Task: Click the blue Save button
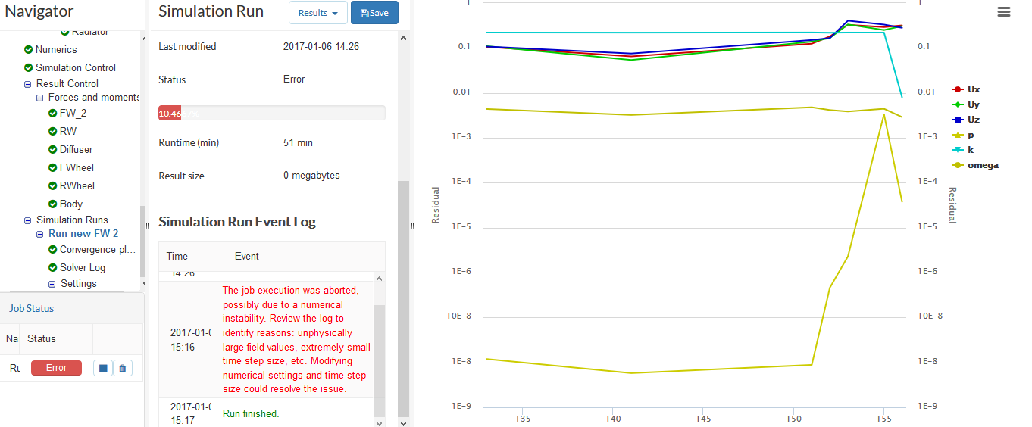point(374,13)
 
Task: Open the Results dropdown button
point(317,13)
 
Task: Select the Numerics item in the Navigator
point(56,49)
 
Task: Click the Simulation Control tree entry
point(75,67)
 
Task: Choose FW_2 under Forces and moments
point(73,113)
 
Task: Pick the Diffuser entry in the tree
point(76,149)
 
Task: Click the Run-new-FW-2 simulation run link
point(83,234)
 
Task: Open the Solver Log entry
point(83,267)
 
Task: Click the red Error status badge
point(56,368)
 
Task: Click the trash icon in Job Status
point(123,368)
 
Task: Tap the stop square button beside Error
point(103,368)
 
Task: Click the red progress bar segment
point(170,113)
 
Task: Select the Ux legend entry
point(973,89)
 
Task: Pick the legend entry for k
point(971,150)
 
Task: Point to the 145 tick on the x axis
point(703,419)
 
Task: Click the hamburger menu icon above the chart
point(1004,11)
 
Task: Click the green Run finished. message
point(251,414)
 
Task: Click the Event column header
point(247,257)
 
